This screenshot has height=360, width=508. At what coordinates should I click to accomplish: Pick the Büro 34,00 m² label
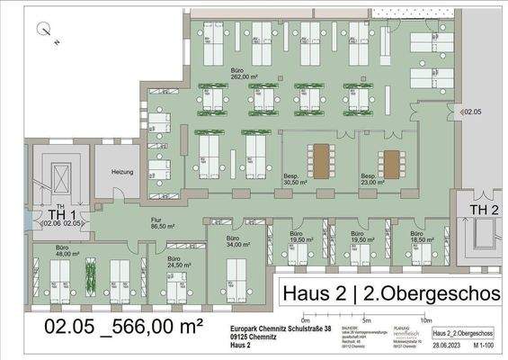point(236,241)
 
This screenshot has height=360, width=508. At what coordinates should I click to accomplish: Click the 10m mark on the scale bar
point(426,320)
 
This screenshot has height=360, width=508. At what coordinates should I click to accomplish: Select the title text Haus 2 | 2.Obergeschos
point(391,294)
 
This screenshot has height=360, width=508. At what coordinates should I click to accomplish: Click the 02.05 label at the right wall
point(473,112)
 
